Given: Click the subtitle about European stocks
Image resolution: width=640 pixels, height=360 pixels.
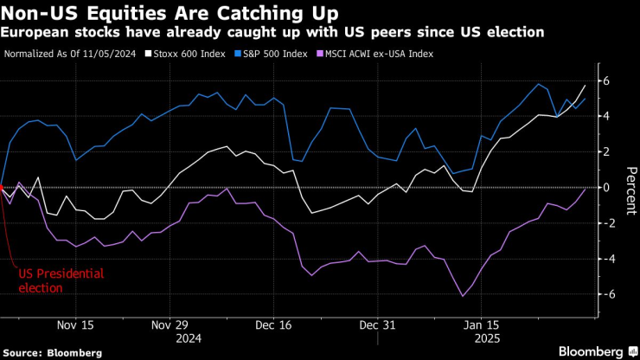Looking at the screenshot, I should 272,32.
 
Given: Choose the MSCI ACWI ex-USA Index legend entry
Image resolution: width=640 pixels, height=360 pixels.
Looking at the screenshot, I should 377,54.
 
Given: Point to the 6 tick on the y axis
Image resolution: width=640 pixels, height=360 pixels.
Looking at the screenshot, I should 606,80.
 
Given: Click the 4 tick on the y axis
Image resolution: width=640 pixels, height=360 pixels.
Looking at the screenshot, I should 606,116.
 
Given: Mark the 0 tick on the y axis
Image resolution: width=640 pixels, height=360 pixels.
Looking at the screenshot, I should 606,187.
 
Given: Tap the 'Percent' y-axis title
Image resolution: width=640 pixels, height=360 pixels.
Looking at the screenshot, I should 629,187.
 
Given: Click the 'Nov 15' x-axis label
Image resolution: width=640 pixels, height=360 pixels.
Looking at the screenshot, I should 75,326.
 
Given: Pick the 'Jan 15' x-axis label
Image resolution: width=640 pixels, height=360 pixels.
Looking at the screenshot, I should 482,326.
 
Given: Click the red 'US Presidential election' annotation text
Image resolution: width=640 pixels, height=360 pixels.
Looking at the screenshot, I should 61,280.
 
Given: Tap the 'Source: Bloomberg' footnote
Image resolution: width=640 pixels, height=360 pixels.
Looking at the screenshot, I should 52,353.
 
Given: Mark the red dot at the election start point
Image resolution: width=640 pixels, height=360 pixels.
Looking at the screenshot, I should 3,187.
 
